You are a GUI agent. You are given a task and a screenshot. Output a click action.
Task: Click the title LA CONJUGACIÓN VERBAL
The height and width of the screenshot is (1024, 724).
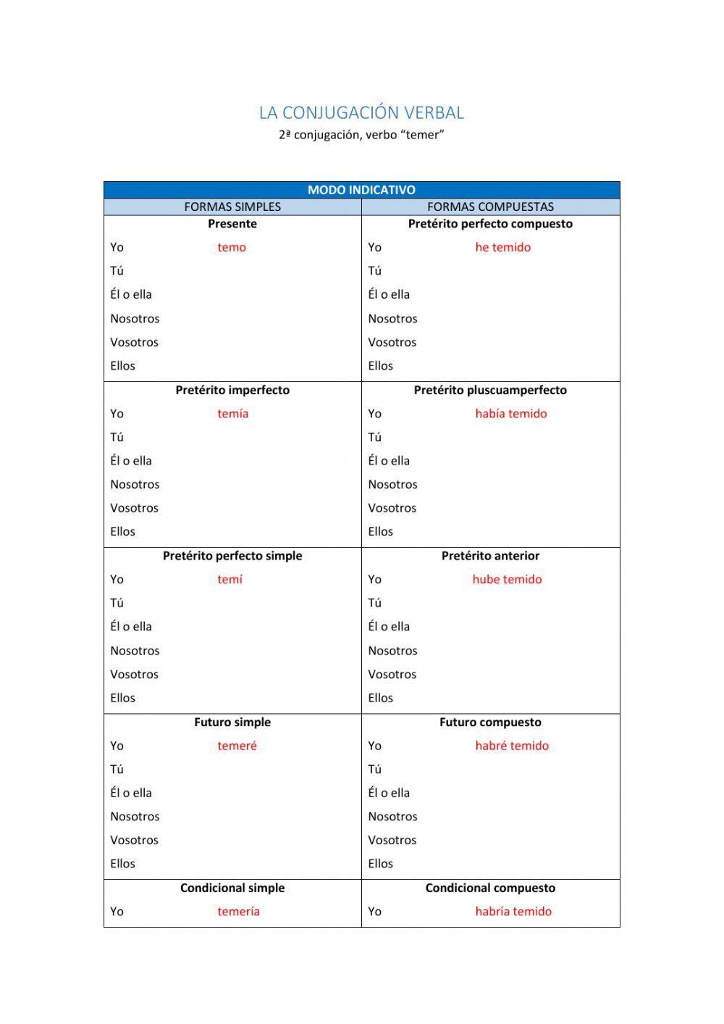pyautogui.click(x=361, y=113)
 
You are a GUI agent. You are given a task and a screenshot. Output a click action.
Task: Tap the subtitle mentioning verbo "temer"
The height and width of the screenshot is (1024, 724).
pyautogui.click(x=361, y=135)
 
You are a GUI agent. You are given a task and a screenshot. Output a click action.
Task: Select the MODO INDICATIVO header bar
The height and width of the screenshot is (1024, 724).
pyautogui.click(x=361, y=190)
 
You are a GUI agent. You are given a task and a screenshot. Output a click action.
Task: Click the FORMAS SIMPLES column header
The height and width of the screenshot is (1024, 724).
pyautogui.click(x=232, y=207)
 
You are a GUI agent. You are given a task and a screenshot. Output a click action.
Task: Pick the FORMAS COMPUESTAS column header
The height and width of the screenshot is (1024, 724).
pyautogui.click(x=490, y=207)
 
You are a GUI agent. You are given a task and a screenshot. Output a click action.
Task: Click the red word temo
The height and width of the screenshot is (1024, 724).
pyautogui.click(x=232, y=247)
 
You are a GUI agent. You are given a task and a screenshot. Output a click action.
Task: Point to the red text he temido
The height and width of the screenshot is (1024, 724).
pyautogui.click(x=502, y=247)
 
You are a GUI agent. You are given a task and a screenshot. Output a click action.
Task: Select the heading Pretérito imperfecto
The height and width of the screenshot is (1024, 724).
pyautogui.click(x=232, y=390)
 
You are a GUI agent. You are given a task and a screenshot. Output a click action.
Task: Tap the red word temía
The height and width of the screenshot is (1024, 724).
pyautogui.click(x=232, y=414)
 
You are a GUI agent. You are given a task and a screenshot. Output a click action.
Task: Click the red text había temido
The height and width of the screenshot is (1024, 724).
pyautogui.click(x=510, y=414)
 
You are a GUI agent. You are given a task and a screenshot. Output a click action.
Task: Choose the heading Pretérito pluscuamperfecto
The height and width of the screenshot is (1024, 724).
pyautogui.click(x=490, y=390)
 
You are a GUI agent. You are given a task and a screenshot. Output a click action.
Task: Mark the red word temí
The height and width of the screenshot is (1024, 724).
pyautogui.click(x=230, y=579)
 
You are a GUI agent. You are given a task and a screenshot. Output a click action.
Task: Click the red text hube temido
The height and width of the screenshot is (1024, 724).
pyautogui.click(x=507, y=579)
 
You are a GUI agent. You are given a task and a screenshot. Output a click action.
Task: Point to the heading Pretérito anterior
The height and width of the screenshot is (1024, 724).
pyautogui.click(x=490, y=556)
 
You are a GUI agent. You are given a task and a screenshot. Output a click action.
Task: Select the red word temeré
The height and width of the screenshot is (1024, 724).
pyautogui.click(x=237, y=746)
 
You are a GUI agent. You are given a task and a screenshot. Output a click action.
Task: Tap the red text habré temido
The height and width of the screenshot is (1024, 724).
pyautogui.click(x=512, y=746)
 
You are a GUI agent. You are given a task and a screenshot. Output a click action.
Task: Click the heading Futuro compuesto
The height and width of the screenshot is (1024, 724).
pyautogui.click(x=490, y=723)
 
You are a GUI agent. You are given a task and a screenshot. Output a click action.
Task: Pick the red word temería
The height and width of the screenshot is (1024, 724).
pyautogui.click(x=238, y=912)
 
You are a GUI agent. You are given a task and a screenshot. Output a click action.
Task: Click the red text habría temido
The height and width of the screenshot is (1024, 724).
pyautogui.click(x=513, y=912)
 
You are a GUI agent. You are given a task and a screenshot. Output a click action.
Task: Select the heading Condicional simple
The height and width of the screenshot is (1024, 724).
pyautogui.click(x=232, y=888)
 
